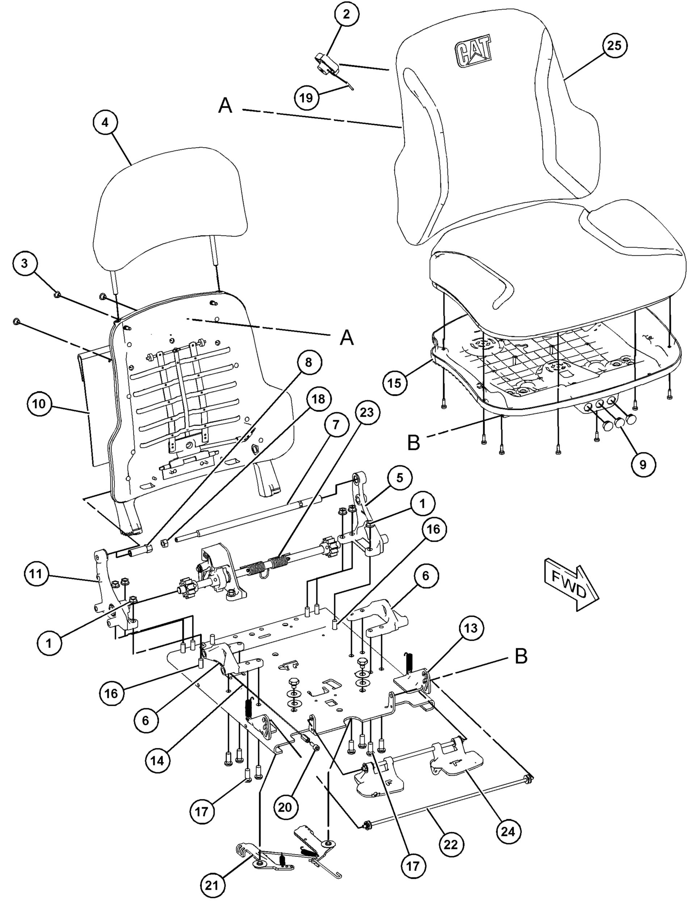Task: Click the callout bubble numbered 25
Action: pyautogui.click(x=614, y=46)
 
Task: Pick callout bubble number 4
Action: pyautogui.click(x=105, y=123)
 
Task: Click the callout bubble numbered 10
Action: pyautogui.click(x=39, y=403)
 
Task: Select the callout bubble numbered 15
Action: pyautogui.click(x=395, y=383)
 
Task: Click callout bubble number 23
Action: pyautogui.click(x=367, y=412)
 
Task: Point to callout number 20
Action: pyautogui.click(x=285, y=806)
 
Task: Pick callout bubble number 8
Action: pyautogui.click(x=308, y=363)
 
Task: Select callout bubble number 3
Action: pyautogui.click(x=25, y=264)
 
